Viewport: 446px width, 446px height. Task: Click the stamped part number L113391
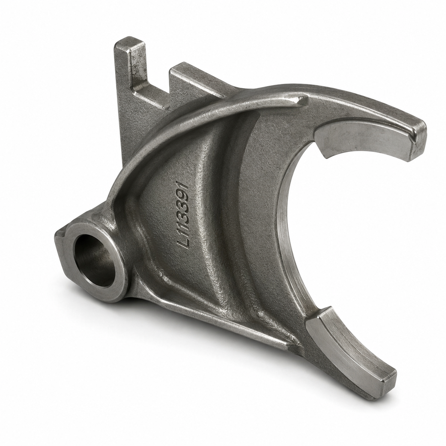[x=184, y=215]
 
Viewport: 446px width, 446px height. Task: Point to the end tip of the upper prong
[x=419, y=141]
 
